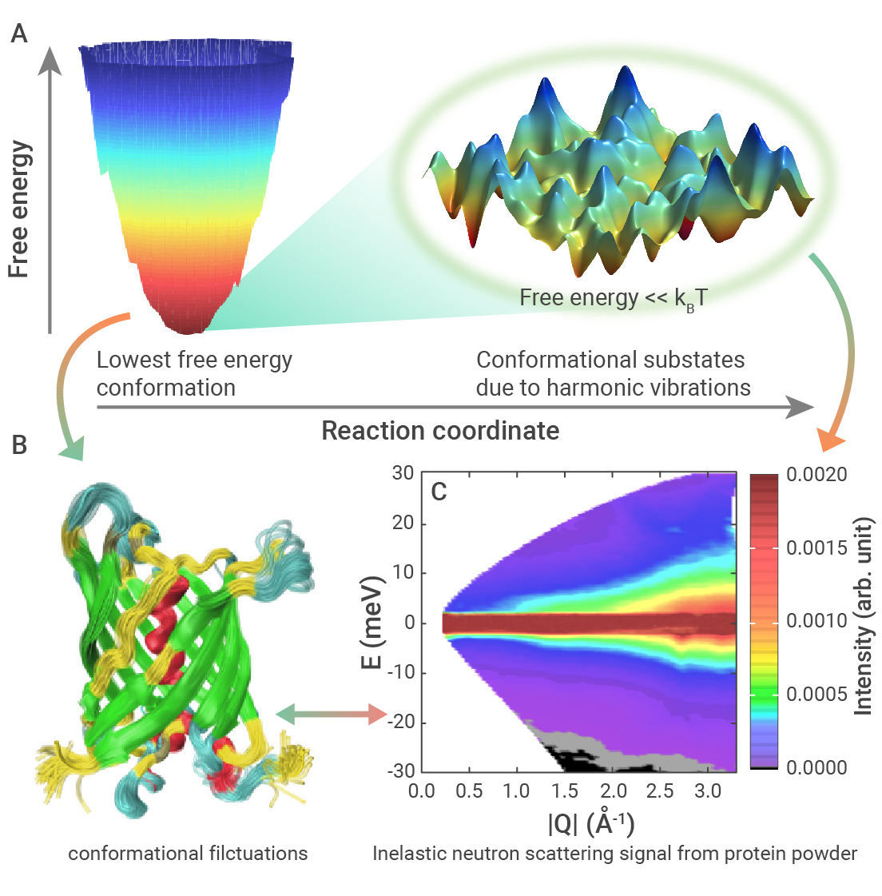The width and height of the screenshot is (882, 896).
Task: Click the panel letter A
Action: click(19, 34)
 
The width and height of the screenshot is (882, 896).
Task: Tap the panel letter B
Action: click(19, 445)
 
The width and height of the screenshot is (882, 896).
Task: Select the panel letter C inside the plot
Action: click(439, 492)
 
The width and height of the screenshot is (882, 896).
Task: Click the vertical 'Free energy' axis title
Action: click(19, 209)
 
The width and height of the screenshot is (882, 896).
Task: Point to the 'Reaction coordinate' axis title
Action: click(440, 431)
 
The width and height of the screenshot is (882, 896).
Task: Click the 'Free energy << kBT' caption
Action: click(614, 298)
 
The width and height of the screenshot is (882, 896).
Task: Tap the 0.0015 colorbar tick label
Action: click(816, 548)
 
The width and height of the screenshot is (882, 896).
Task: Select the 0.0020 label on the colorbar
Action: click(816, 474)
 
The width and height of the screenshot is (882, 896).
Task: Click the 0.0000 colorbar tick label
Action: click(816, 767)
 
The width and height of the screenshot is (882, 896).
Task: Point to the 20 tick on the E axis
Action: click(403, 523)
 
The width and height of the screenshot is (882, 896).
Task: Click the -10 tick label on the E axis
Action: click(400, 672)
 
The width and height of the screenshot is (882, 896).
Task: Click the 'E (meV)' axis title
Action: click(371, 623)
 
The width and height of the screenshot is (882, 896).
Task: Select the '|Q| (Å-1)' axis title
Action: click(591, 823)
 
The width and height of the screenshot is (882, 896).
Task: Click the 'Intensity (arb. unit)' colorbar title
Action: click(863, 616)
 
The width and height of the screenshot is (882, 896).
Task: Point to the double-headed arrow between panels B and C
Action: click(332, 715)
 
